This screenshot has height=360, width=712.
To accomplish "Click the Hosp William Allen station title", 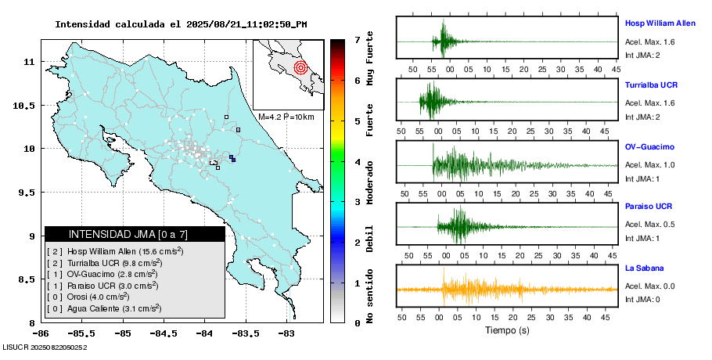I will point(660,23).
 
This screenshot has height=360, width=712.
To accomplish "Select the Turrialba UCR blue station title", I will point(651,84).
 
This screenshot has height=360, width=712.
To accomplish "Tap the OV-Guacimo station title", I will point(649,146).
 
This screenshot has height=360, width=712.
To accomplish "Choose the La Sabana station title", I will point(644,268).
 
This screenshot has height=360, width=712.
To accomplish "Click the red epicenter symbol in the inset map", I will point(300,67).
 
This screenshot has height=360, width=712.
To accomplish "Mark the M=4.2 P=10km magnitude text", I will point(286,117).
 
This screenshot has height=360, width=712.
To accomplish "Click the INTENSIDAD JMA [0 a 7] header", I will point(135,234).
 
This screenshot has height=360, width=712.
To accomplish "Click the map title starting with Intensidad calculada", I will point(181,24).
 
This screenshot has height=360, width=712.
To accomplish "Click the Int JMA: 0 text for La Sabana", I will point(643,299).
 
